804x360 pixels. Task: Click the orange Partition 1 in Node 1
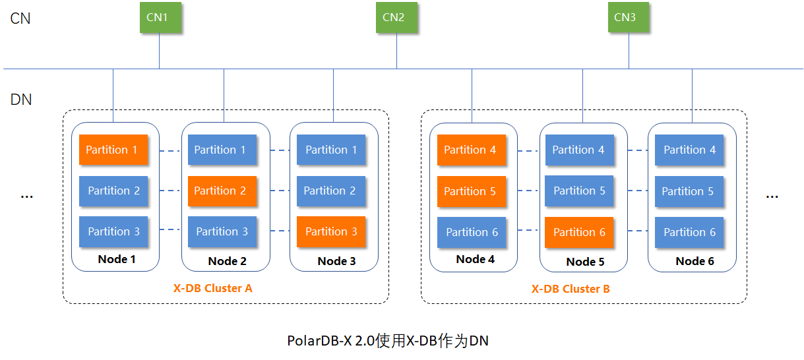tap(111, 150)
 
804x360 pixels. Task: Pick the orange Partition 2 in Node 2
tap(220, 191)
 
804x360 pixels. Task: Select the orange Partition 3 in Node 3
tap(330, 231)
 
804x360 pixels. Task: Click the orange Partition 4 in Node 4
tap(470, 150)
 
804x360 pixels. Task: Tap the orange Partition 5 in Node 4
tap(470, 191)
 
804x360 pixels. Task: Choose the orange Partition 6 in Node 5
tap(579, 232)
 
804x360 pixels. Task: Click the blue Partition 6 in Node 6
tap(689, 232)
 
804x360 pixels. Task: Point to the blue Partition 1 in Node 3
tap(330, 150)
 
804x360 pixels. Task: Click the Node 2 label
tap(227, 261)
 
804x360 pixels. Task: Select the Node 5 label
tap(585, 262)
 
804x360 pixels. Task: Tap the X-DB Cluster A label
tap(212, 288)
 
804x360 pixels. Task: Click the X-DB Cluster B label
tap(571, 289)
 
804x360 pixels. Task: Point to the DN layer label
tap(21, 100)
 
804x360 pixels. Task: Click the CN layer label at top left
tap(20, 18)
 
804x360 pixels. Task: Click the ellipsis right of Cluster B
tap(772, 195)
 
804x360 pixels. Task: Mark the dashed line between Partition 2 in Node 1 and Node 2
tap(170, 191)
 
